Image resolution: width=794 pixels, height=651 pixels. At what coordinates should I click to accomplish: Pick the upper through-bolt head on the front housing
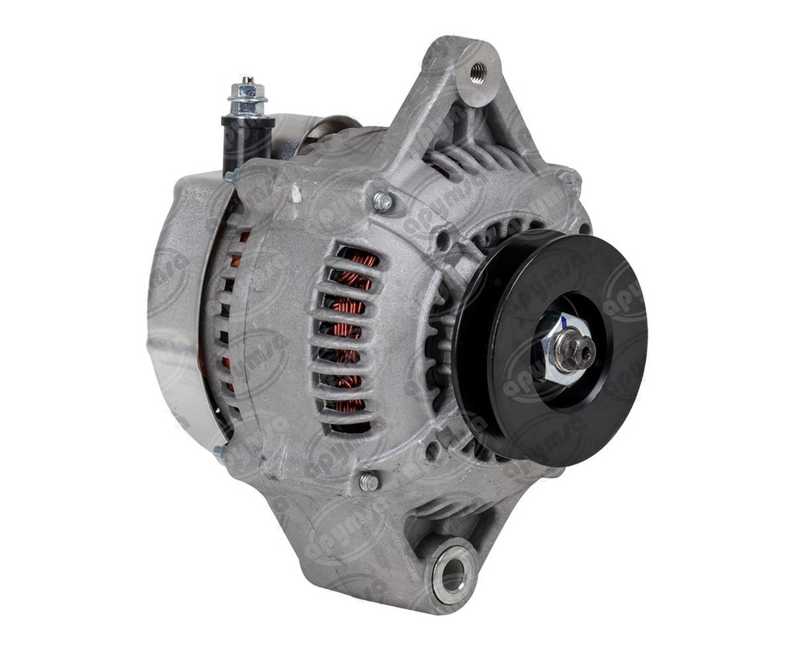(381, 201)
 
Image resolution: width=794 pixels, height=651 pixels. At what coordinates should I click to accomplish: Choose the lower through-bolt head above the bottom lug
(369, 482)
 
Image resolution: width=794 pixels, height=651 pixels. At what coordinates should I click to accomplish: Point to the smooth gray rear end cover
(174, 310)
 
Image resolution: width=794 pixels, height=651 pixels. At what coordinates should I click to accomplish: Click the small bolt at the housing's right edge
(575, 190)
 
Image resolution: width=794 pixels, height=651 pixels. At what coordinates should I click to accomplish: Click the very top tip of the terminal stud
(247, 78)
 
